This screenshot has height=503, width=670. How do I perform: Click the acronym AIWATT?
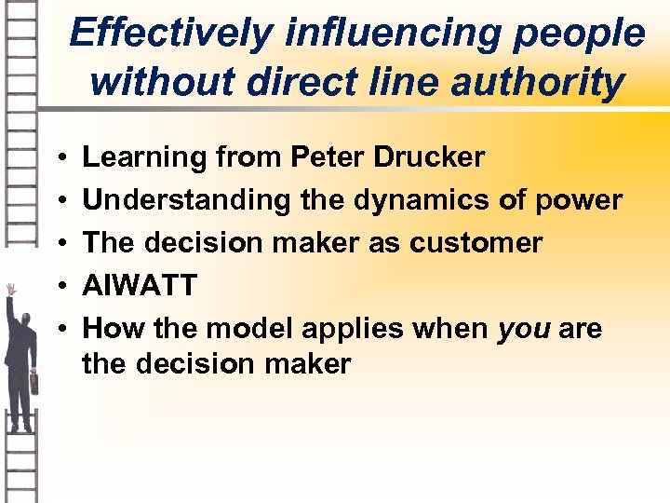point(140,285)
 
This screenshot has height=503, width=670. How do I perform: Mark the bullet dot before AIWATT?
point(59,286)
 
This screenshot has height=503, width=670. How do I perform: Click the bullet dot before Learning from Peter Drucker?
point(59,158)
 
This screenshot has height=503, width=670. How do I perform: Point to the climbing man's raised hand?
point(12,290)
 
